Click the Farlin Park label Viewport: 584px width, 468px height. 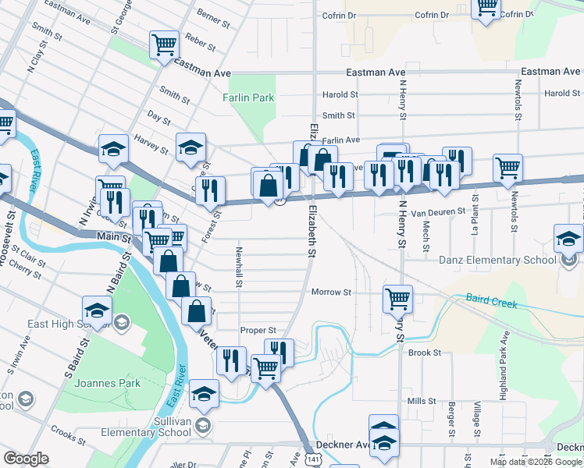[248, 97]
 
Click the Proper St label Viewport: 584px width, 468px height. [258, 330]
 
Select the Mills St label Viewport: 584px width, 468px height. [422, 401]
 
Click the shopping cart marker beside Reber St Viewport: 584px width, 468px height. [165, 44]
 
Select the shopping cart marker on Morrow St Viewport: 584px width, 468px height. [397, 297]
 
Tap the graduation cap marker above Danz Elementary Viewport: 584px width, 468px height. [568, 238]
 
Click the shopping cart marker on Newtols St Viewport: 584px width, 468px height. [507, 166]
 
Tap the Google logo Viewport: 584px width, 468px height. [27, 459]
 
